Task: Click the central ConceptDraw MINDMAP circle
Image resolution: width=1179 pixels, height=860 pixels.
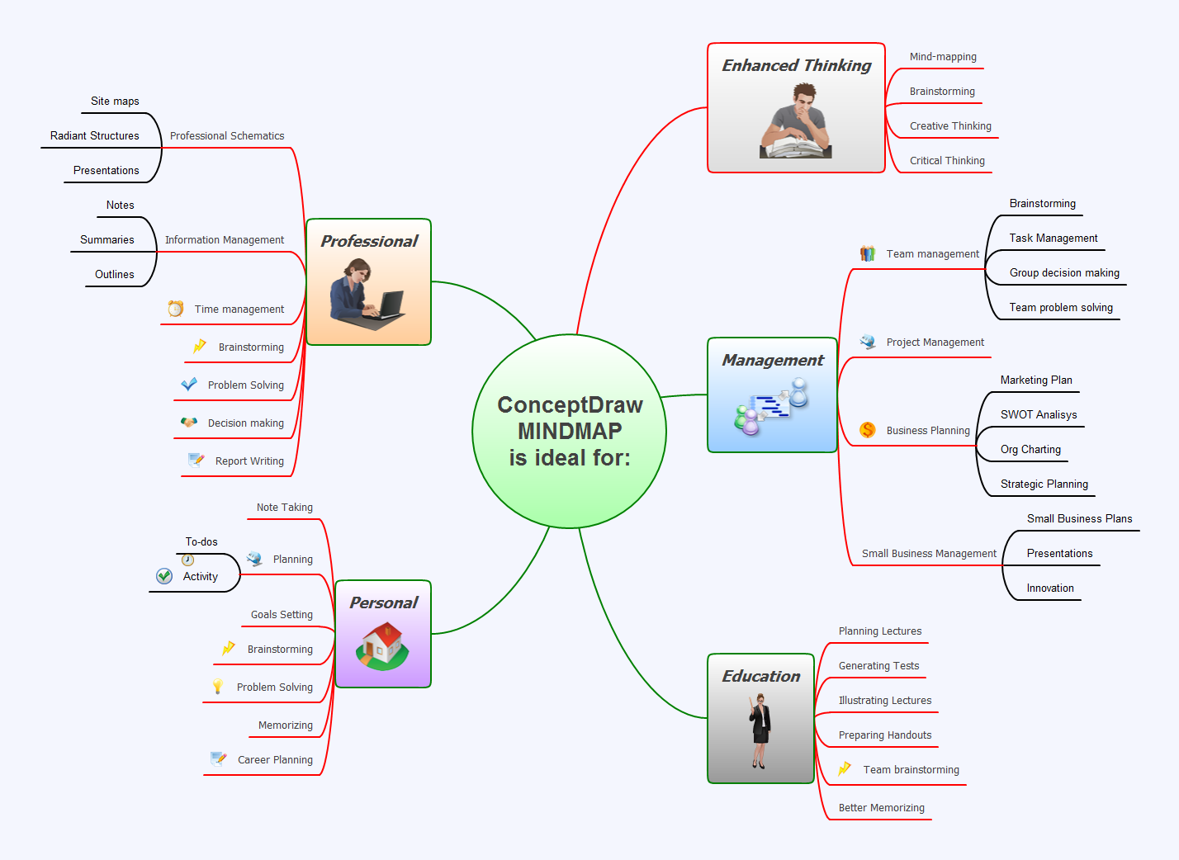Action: pyautogui.click(x=569, y=431)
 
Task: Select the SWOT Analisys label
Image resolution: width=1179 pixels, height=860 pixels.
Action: pyautogui.click(x=1038, y=415)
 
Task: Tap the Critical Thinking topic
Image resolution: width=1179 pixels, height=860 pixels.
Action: pyautogui.click(x=946, y=161)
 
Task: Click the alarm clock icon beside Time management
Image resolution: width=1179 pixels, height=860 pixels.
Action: pyautogui.click(x=175, y=309)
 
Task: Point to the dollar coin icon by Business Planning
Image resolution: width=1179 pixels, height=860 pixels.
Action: pyautogui.click(x=867, y=430)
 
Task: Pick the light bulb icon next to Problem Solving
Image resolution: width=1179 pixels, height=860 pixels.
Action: pyautogui.click(x=218, y=686)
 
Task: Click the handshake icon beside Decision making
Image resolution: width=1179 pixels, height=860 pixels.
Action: pyautogui.click(x=189, y=423)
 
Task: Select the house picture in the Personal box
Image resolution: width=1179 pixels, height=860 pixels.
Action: pyautogui.click(x=382, y=645)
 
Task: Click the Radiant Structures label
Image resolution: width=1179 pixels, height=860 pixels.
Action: pyautogui.click(x=94, y=136)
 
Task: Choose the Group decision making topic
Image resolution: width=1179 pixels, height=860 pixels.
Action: pyautogui.click(x=1063, y=273)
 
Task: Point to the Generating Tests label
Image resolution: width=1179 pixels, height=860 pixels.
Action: pyautogui.click(x=878, y=666)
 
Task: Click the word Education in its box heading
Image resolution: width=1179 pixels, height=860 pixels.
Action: pyautogui.click(x=760, y=677)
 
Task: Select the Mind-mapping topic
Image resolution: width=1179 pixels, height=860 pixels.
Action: pyautogui.click(x=942, y=57)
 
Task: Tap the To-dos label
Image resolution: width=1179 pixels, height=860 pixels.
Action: pyautogui.click(x=201, y=542)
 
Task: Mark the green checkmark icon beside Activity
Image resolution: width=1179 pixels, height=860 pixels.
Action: pyautogui.click(x=164, y=576)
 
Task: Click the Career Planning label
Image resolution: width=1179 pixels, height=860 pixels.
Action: pyautogui.click(x=275, y=760)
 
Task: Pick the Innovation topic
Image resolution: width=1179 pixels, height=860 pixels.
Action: pyautogui.click(x=1049, y=588)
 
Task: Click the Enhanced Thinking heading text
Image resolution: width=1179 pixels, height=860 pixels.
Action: pyautogui.click(x=796, y=66)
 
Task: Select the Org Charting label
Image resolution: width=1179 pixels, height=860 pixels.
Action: pyautogui.click(x=1030, y=450)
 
